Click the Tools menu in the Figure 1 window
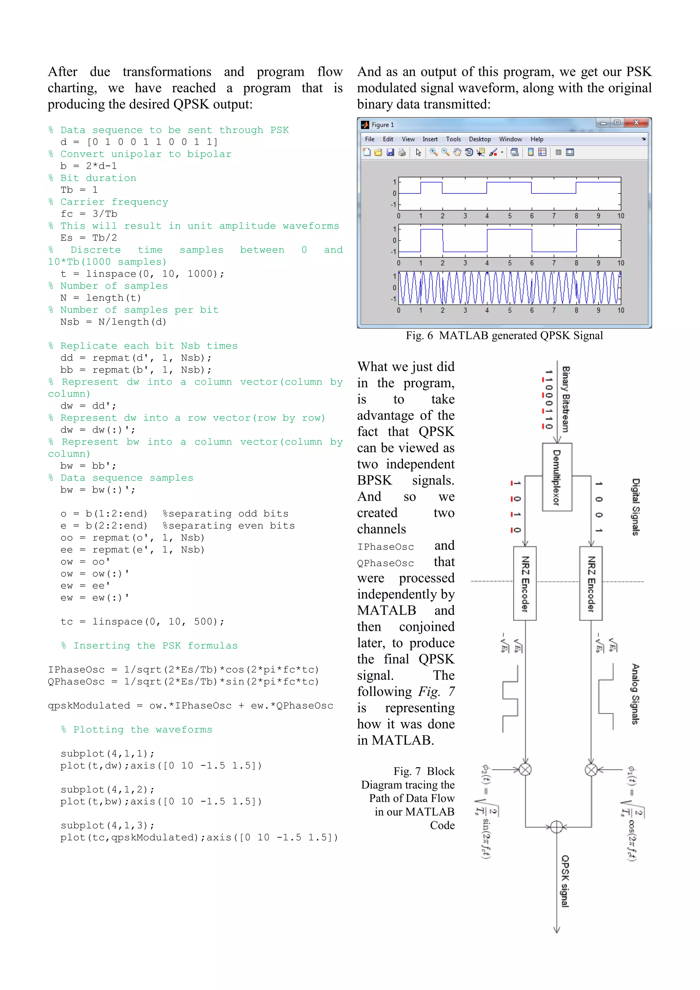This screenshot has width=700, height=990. coord(453,139)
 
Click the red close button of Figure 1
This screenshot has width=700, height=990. coord(636,123)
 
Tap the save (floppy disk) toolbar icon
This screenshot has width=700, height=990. coord(390,152)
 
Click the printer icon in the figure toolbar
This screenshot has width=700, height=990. coord(402,152)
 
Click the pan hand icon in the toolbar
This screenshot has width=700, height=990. coord(457,152)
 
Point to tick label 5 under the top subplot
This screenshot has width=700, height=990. coord(510,216)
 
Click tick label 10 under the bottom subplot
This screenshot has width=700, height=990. coord(620,310)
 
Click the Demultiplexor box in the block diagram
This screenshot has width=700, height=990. coord(557,477)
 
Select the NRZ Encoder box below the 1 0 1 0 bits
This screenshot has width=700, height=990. coord(525,584)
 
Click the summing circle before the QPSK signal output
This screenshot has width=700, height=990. coord(556,827)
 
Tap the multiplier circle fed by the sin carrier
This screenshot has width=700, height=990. coord(525,769)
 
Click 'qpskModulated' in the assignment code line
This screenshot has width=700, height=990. coord(89,706)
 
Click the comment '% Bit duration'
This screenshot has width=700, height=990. coord(92,178)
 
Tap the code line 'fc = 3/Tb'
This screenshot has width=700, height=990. coord(89,214)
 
